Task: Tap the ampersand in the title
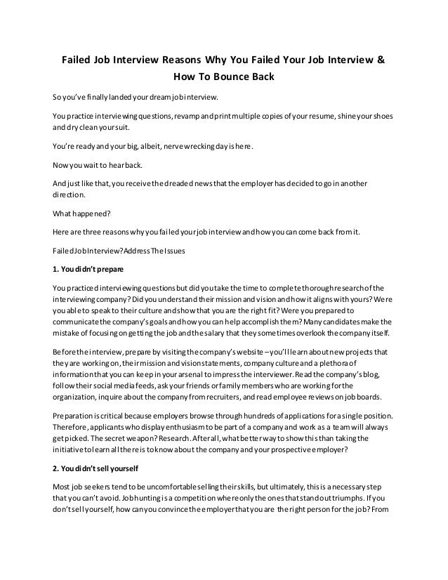tap(381, 58)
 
